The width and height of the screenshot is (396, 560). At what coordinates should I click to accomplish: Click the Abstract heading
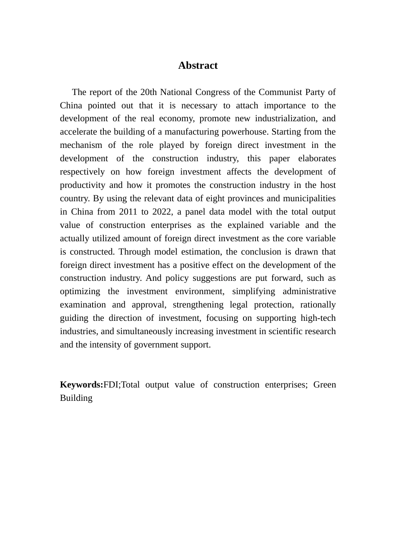click(x=198, y=65)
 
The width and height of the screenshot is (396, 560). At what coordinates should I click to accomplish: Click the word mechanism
click(x=80, y=145)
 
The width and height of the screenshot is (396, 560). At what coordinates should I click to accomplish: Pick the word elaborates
click(x=317, y=158)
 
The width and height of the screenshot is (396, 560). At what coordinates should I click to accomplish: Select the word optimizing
click(x=80, y=291)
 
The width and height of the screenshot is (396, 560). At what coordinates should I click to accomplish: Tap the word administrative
click(x=309, y=291)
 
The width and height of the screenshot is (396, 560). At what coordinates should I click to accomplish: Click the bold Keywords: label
click(x=81, y=385)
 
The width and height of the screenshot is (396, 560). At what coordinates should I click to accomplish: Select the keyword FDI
click(x=111, y=385)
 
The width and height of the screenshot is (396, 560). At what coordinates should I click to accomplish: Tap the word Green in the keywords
click(x=324, y=385)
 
